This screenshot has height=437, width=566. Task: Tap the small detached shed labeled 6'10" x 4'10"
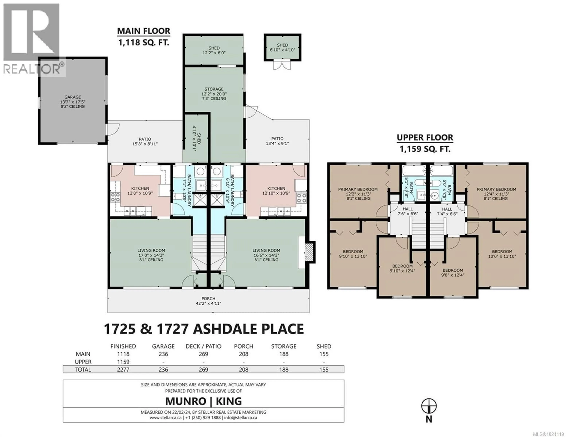point(282,47)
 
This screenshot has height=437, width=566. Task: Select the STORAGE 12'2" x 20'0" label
point(214,94)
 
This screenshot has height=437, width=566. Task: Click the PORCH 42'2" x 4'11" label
point(208,301)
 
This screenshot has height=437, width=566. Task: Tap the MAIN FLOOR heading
point(144,31)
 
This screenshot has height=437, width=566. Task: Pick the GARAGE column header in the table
point(163,346)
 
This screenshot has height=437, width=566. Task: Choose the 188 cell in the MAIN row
point(284,354)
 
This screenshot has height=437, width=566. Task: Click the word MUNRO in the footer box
point(186,401)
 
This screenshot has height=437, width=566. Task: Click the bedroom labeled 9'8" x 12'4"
point(453,272)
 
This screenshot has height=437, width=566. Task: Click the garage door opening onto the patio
point(107,129)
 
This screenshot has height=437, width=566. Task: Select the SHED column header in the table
point(324,346)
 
